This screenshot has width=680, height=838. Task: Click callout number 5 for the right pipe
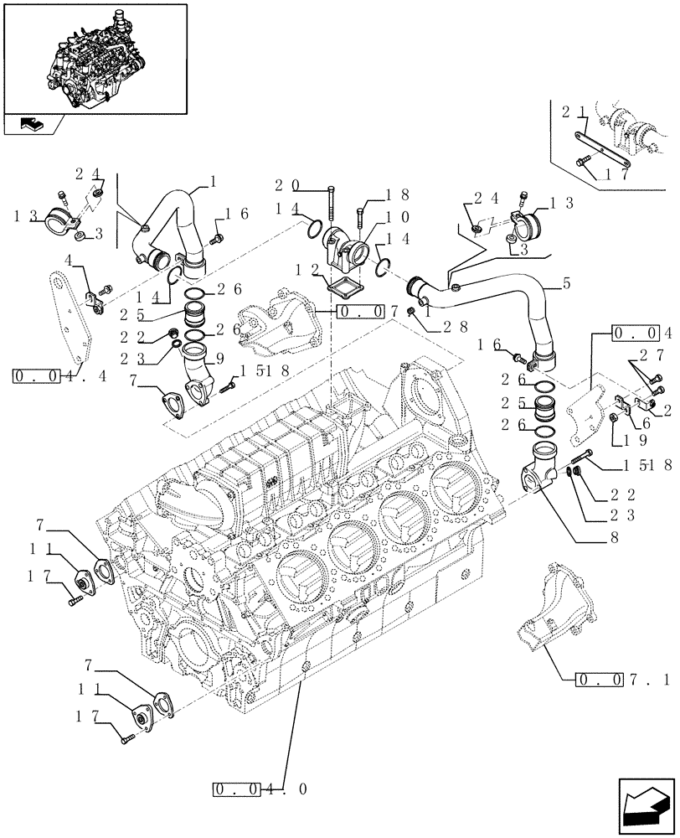(568, 284)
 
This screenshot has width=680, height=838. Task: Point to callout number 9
(220, 357)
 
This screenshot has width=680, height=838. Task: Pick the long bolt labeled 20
(332, 202)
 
